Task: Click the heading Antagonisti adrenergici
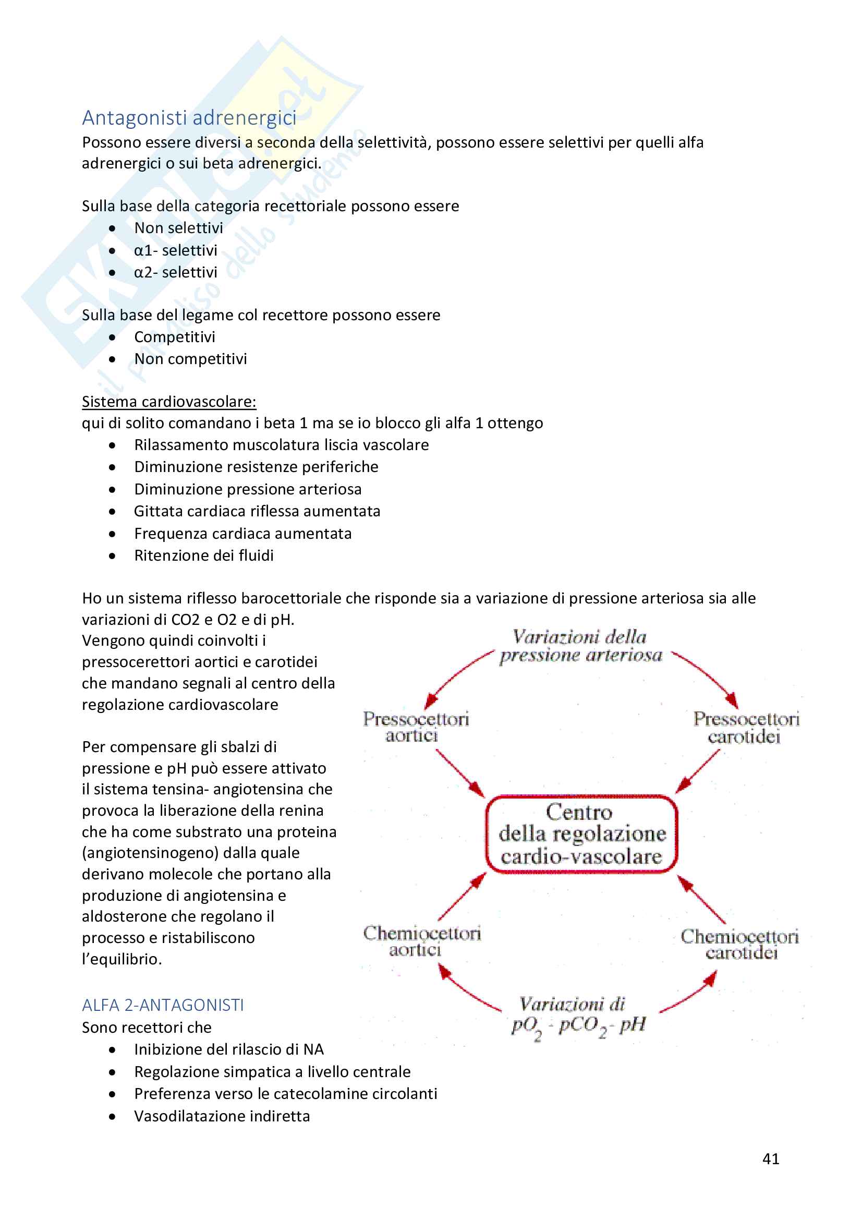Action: click(x=189, y=118)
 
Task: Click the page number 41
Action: click(x=770, y=1158)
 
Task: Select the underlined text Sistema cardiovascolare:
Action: click(x=169, y=402)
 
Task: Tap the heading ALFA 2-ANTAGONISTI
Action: click(x=163, y=1005)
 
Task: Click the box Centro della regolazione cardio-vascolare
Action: click(x=581, y=834)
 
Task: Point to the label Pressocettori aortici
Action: click(x=416, y=727)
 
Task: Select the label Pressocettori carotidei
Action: click(x=746, y=728)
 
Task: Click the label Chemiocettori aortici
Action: click(x=421, y=941)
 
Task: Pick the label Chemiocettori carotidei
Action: click(x=739, y=944)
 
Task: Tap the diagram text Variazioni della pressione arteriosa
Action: click(x=580, y=646)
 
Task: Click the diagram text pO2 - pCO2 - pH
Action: click(x=578, y=1024)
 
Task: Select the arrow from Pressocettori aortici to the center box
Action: click(x=460, y=773)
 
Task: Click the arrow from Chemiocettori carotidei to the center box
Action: click(x=702, y=900)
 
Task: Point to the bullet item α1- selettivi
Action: click(x=175, y=250)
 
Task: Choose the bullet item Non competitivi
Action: click(x=190, y=359)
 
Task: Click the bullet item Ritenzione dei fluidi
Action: click(x=203, y=556)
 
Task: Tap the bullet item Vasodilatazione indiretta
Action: click(x=222, y=1116)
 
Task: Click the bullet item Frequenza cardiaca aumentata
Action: click(x=242, y=534)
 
